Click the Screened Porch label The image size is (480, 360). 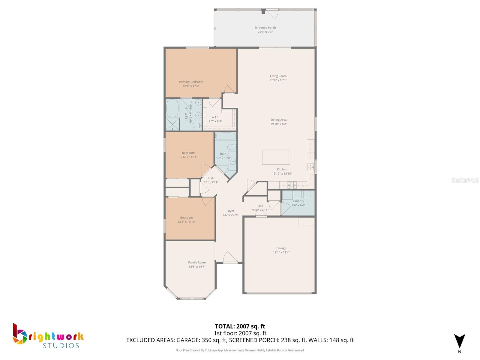coord(265,28)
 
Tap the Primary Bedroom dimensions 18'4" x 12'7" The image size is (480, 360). coord(191,86)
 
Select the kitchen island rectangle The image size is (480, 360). coord(276,157)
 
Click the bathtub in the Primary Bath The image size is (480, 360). coord(172,108)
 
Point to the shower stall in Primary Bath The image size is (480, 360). coord(172,124)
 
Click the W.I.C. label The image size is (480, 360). coord(215,117)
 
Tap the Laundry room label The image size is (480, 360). coord(298,201)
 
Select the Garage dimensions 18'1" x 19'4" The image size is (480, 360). coord(281,252)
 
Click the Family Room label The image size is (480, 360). coord(197,262)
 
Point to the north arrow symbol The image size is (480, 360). coord(460,342)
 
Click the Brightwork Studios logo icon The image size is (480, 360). coord(20,333)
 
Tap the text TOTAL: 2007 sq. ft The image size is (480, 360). coord(240,326)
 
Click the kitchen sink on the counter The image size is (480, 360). coord(310,167)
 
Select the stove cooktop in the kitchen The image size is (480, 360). coord(292,185)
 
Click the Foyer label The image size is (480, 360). coord(230,211)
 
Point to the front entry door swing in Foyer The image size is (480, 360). coord(230,257)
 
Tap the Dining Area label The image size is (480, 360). coord(279,120)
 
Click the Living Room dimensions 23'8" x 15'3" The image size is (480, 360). coord(278,80)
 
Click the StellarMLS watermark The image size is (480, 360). coord(465,180)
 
